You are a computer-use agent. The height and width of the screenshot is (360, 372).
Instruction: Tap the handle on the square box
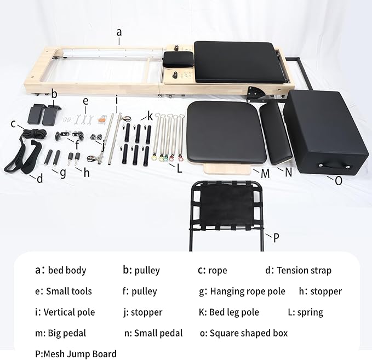pyautogui.click(x=332, y=163)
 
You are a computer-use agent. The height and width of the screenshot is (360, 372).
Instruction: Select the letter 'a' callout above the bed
pyautogui.click(x=119, y=32)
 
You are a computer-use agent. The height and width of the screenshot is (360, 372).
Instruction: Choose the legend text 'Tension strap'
pyautogui.click(x=304, y=271)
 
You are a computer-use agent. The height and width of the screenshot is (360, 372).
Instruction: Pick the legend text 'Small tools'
pyautogui.click(x=68, y=292)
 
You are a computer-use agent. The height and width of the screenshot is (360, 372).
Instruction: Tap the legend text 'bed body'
pyautogui.click(x=67, y=271)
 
